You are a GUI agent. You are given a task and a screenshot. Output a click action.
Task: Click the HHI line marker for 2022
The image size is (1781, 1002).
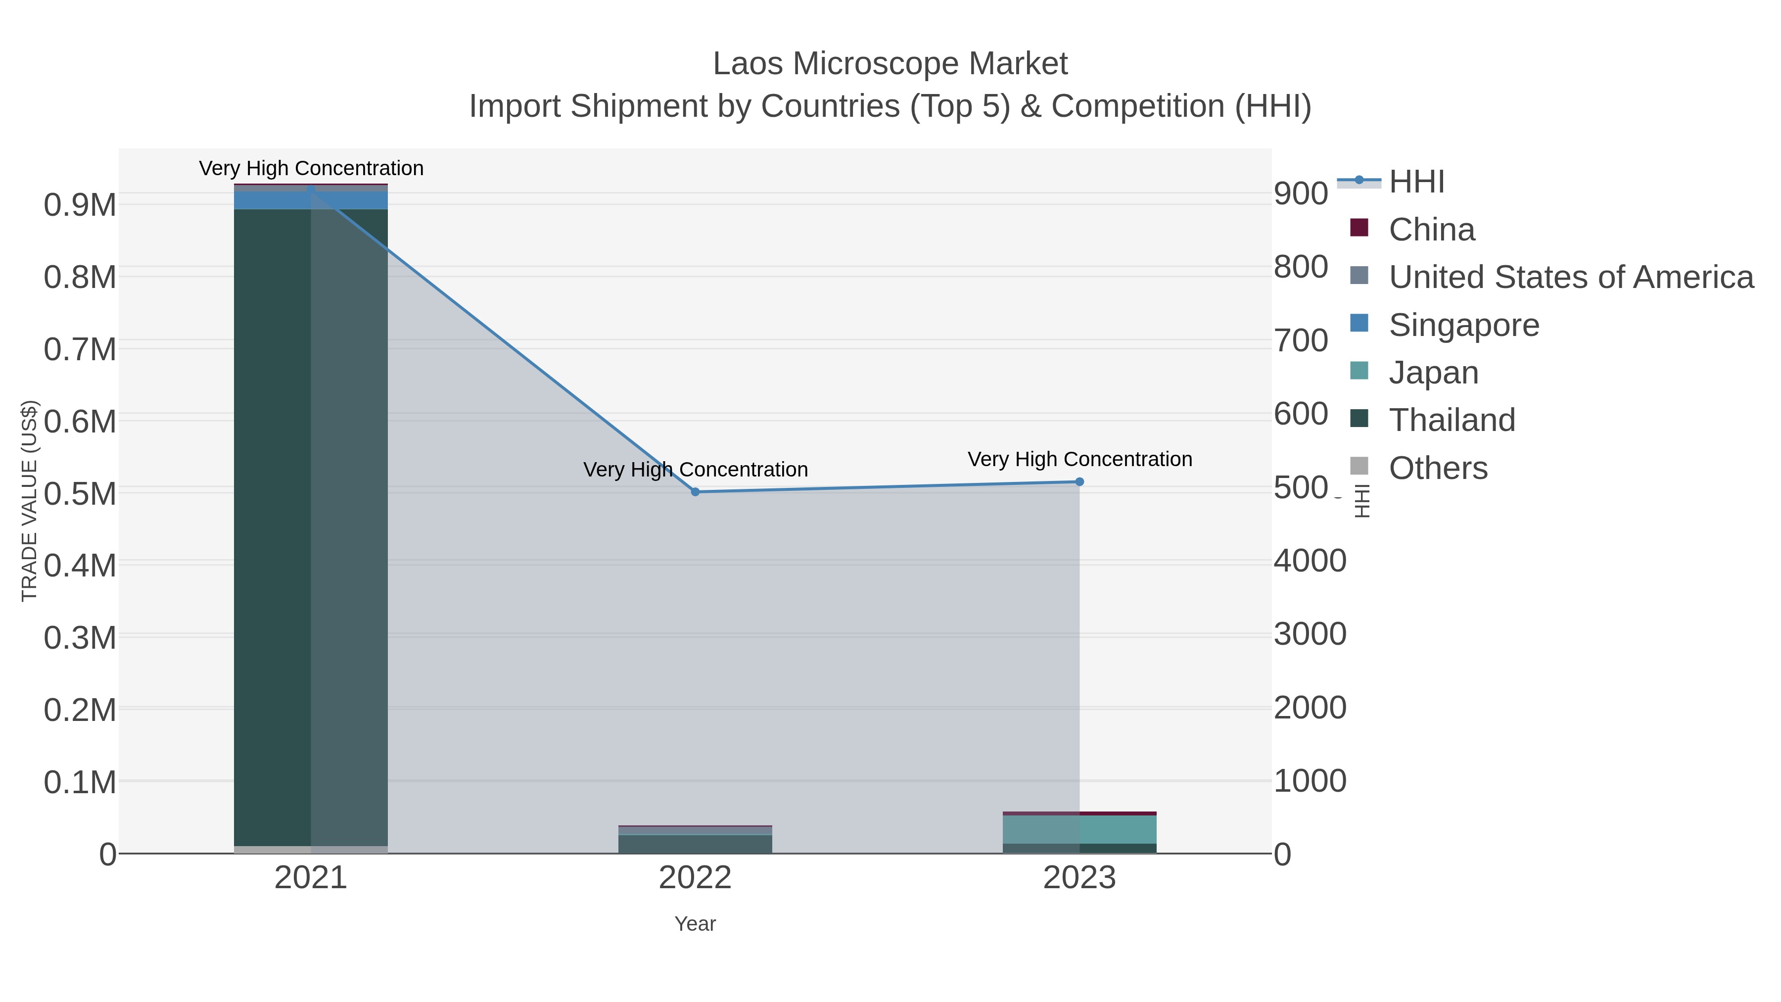click(x=695, y=492)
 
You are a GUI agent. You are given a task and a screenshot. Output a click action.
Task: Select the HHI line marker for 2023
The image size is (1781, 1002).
click(x=1079, y=481)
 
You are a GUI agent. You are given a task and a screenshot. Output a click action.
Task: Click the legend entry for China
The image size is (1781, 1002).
click(x=1431, y=230)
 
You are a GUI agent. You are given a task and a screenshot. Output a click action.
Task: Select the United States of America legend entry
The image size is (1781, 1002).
click(x=1570, y=277)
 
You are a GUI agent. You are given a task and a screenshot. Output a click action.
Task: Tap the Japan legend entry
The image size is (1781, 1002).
click(x=1433, y=373)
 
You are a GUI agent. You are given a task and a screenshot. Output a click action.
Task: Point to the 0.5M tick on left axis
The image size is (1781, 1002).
click(x=80, y=494)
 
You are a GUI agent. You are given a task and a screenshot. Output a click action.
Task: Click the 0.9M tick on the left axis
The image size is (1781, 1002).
click(x=80, y=205)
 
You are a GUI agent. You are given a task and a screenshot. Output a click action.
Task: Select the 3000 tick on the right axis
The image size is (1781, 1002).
click(x=1310, y=634)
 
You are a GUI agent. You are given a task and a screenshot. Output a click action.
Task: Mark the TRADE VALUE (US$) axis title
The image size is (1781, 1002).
click(x=29, y=501)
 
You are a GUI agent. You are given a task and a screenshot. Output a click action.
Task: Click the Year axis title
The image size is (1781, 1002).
click(x=695, y=924)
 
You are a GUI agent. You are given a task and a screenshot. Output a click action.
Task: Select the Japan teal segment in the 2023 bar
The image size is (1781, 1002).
click(x=1079, y=829)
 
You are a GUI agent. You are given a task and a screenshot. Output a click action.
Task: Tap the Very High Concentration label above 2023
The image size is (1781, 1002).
click(x=1079, y=459)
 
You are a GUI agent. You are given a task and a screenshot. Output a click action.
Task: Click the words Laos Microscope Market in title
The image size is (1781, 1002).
click(x=890, y=64)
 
